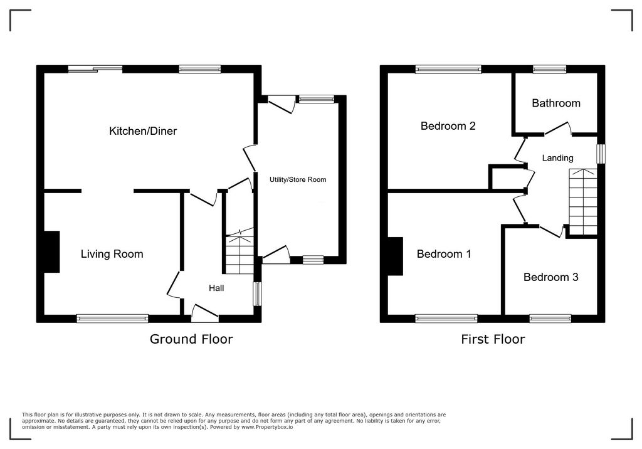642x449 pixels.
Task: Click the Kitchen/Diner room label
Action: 143,131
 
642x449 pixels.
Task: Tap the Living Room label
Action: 112,254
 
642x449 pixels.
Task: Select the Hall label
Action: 216,288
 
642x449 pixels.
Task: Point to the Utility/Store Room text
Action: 298,179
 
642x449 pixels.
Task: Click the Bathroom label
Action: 555,103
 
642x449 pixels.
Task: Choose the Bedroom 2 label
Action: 448,125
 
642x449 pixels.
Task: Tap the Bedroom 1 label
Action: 444,254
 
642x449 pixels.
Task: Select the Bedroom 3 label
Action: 550,277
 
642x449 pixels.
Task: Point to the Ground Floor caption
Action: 191,339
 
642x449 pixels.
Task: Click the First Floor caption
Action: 492,339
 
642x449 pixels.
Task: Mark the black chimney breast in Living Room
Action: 51,251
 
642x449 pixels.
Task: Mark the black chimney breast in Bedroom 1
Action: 395,256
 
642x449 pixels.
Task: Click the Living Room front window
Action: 112,319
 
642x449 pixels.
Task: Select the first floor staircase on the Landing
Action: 583,201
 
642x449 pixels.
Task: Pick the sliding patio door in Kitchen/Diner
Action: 95,69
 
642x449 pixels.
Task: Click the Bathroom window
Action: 549,69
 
